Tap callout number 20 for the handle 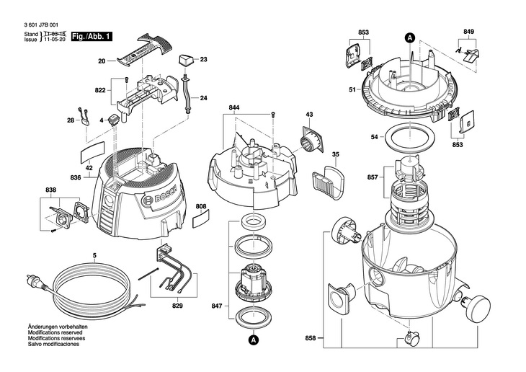(102, 62)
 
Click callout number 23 (203, 59)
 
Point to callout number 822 (100, 90)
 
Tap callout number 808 (200, 205)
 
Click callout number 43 (309, 115)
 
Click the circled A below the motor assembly (252, 340)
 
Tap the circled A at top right (410, 37)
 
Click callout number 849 (468, 32)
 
